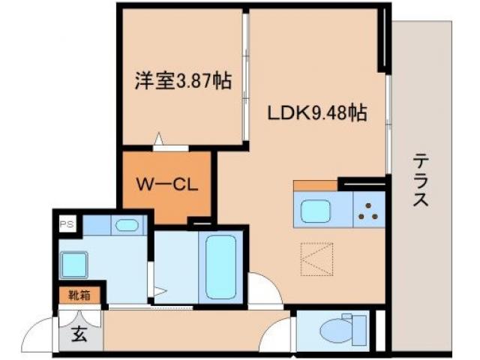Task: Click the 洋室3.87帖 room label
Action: [183, 79]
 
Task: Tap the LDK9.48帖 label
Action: [317, 113]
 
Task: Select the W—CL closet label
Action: [166, 185]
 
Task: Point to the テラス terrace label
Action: [420, 181]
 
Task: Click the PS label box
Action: [67, 223]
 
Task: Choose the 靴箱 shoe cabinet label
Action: [80, 295]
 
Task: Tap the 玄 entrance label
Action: [79, 334]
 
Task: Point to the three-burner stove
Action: [367, 211]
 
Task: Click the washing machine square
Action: [74, 265]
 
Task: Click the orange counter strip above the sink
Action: [315, 185]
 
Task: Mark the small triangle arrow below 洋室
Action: [159, 138]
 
